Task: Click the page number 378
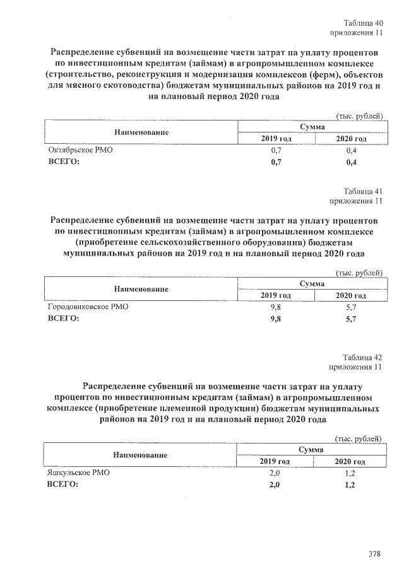(374, 554)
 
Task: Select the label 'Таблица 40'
(362, 23)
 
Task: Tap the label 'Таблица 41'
(362, 191)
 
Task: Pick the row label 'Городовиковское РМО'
(88, 307)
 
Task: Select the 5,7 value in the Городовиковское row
(351, 307)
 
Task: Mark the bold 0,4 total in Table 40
(351, 163)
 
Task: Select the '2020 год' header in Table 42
(351, 461)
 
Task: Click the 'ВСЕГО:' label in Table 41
(63, 319)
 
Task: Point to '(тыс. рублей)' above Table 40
(358, 116)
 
